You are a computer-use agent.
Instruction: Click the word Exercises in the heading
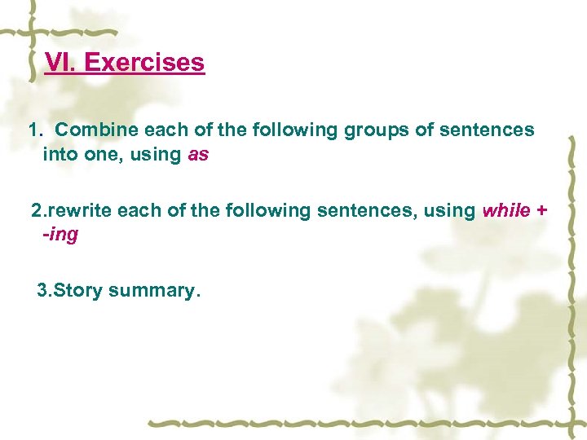pos(144,62)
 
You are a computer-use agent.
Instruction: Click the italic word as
pos(198,154)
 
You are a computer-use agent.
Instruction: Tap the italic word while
pos(506,211)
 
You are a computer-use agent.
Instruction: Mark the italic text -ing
pos(60,235)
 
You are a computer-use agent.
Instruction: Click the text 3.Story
pos(69,290)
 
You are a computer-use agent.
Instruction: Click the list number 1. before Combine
pos(35,130)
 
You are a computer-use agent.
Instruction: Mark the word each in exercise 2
pos(135,211)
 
